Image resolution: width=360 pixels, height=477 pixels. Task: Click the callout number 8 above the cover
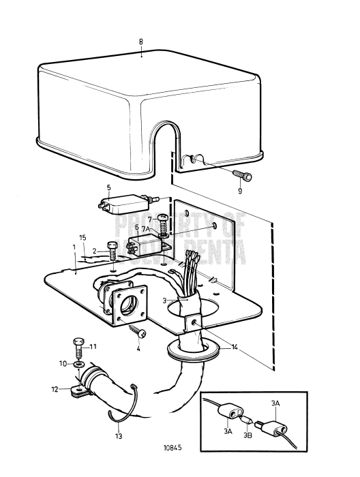click(141, 42)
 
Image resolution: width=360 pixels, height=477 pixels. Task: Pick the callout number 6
click(136, 227)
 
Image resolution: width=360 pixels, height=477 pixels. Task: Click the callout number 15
click(82, 237)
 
